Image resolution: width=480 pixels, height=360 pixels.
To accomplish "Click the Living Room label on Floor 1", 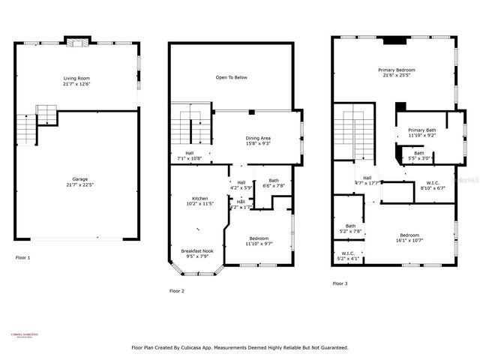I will (x=77, y=77).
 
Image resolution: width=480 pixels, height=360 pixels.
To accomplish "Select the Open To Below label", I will (x=231, y=77).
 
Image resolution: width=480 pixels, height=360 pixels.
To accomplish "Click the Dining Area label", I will (x=258, y=138).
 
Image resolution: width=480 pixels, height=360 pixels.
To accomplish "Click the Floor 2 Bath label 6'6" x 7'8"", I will (x=274, y=184).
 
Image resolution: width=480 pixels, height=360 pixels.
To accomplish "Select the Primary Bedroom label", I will (x=396, y=70).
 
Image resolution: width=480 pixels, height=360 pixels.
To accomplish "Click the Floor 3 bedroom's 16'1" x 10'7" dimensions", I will (x=409, y=240).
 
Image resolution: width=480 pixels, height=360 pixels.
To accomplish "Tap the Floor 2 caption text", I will (x=176, y=290).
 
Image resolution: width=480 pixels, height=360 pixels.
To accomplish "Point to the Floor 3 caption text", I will (x=340, y=283).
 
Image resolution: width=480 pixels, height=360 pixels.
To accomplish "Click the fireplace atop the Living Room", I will (x=76, y=40).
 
